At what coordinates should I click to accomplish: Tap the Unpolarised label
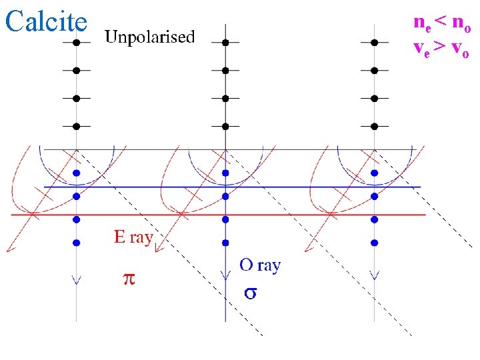click(150, 37)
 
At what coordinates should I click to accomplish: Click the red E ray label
click(133, 237)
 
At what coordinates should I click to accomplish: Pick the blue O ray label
click(260, 265)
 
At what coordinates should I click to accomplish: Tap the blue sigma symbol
click(251, 293)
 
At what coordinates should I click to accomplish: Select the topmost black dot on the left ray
click(77, 42)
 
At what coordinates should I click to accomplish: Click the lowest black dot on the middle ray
click(225, 125)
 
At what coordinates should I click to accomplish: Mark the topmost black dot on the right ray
click(375, 42)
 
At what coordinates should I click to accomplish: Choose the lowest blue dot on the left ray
click(77, 242)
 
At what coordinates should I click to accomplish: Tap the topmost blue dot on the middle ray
click(225, 173)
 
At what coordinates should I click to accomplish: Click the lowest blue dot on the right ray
click(375, 242)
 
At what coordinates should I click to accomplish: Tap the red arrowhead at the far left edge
click(9, 249)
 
